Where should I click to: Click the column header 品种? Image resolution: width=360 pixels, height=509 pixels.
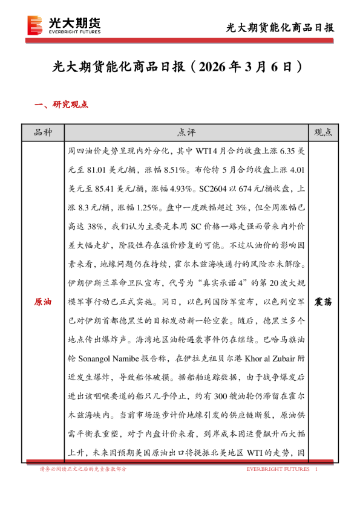pyautogui.click(x=43, y=132)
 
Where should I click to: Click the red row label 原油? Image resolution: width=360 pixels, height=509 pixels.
pyautogui.click(x=43, y=301)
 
